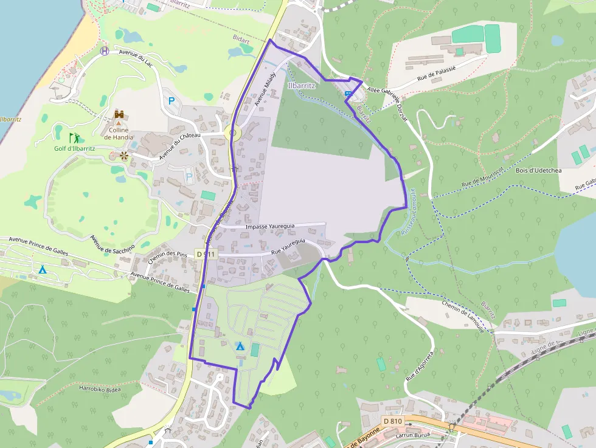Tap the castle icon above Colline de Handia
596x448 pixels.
pyautogui.click(x=119, y=114)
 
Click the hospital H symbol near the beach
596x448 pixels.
pyautogui.click(x=105, y=51)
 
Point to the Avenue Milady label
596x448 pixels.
pyautogui.click(x=265, y=88)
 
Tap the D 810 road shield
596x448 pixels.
pyautogui.click(x=392, y=421)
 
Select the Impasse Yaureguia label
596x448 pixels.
pyautogui.click(x=269, y=226)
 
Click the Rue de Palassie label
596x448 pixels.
pyautogui.click(x=436, y=75)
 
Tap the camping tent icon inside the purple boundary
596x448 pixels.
pyautogui.click(x=240, y=346)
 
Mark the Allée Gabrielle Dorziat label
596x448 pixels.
pyautogui.click(x=386, y=100)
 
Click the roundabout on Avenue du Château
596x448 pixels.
pyautogui.click(x=232, y=133)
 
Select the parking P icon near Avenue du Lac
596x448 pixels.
pyautogui.click(x=171, y=101)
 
